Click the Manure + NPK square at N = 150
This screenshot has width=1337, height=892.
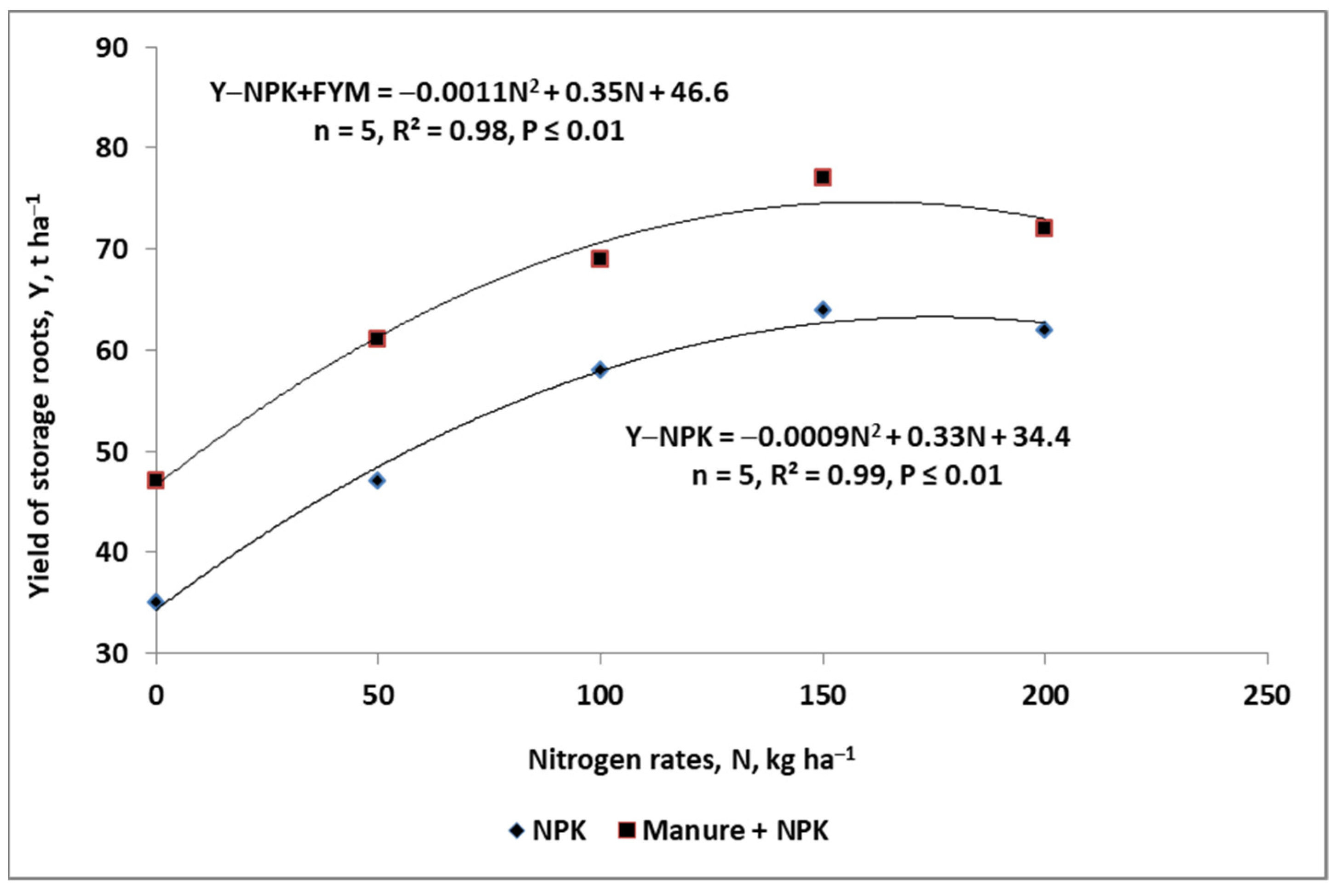(822, 178)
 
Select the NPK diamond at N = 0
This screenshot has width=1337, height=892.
(156, 602)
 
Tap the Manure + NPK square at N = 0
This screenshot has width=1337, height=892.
(156, 480)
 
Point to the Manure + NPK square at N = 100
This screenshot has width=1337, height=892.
(599, 259)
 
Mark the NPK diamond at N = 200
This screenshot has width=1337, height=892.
(1044, 330)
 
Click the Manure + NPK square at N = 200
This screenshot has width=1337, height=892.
(1044, 229)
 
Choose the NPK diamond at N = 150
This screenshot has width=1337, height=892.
(822, 310)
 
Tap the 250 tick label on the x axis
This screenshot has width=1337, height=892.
(1267, 696)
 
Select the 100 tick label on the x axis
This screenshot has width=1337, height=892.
(599, 696)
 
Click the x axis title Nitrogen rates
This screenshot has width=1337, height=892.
(691, 760)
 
